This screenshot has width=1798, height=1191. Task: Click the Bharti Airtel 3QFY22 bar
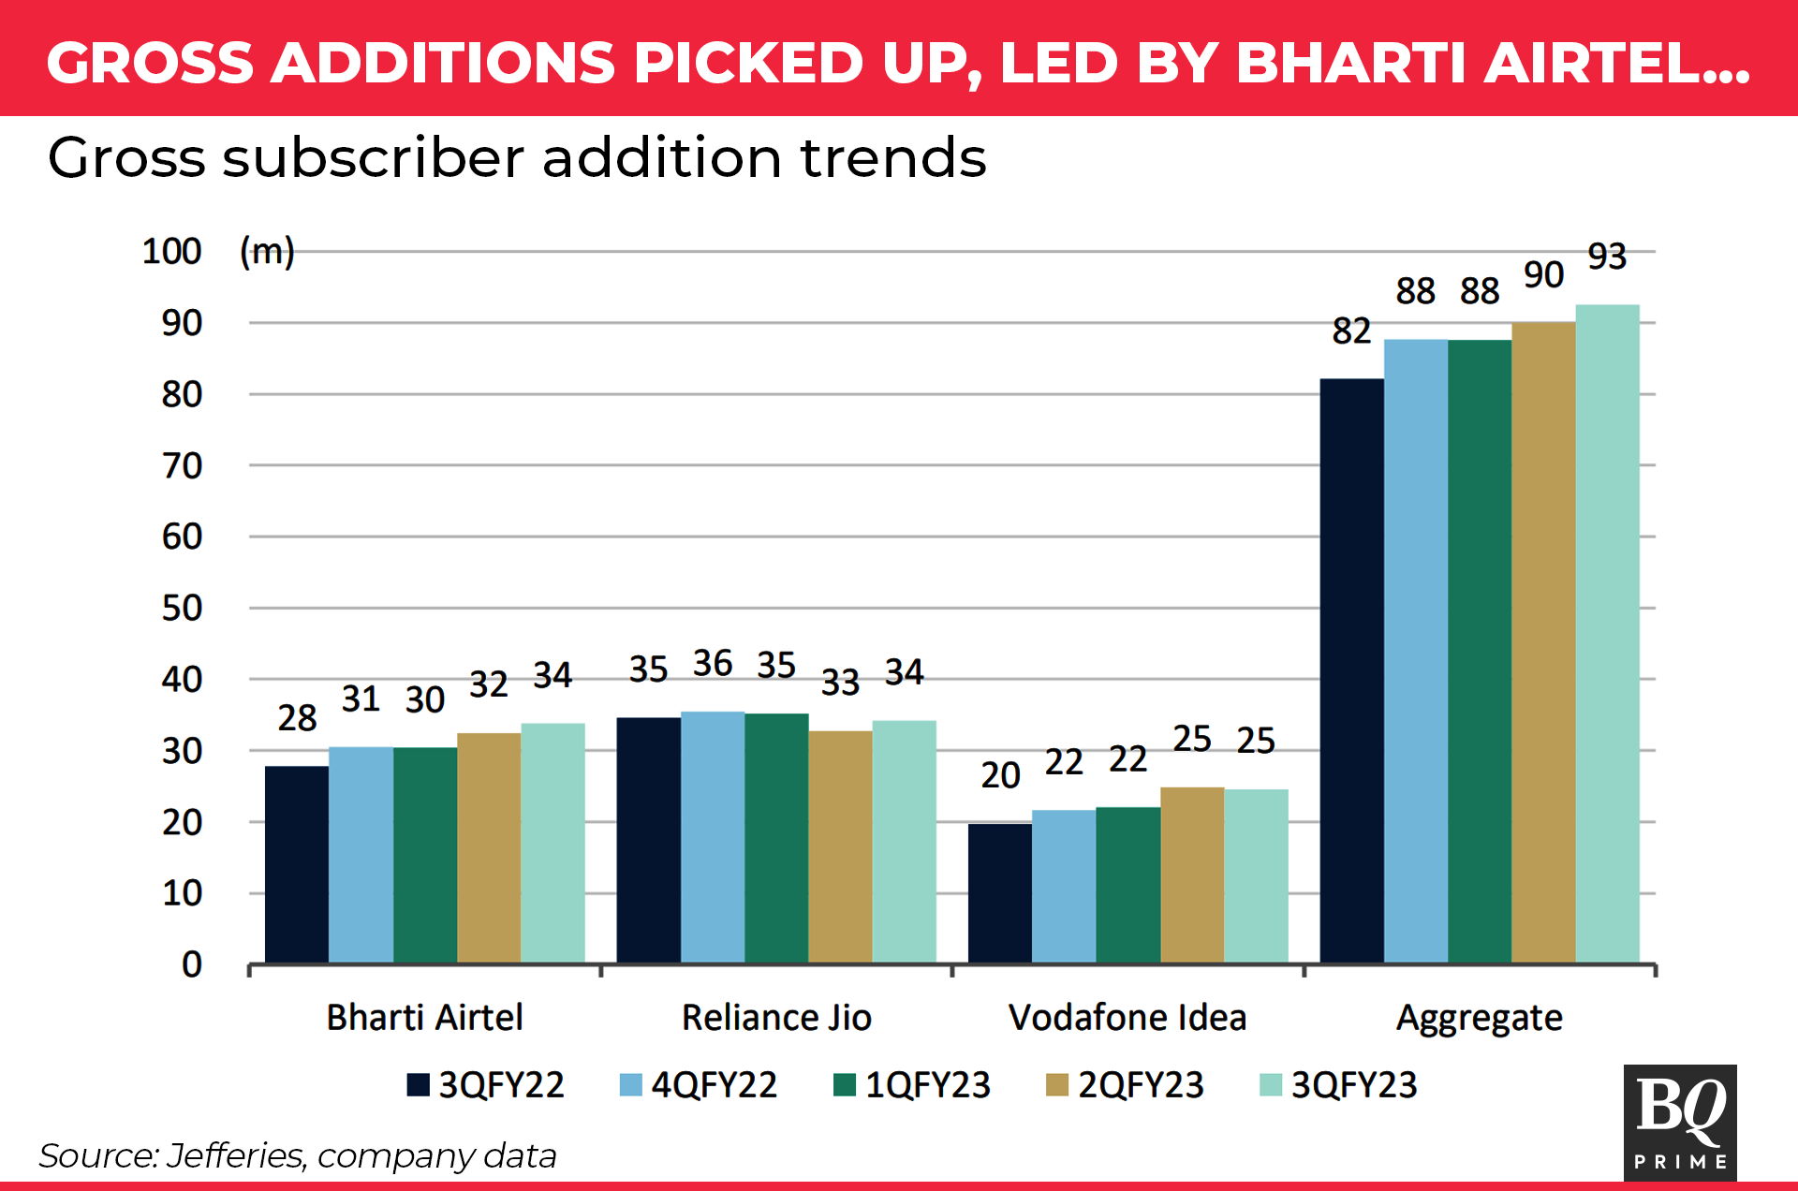pos(297,864)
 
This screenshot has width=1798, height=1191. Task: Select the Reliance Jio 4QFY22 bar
pos(713,837)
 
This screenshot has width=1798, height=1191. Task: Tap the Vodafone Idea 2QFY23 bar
pos(1192,875)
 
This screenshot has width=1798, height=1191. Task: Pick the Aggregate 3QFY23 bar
pos(1607,634)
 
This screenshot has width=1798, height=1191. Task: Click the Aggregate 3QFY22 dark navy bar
pos(1351,670)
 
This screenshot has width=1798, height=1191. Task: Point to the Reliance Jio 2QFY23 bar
pos(840,846)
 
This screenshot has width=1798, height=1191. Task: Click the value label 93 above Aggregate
pos(1607,257)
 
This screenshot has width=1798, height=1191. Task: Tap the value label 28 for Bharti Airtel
pos(297,718)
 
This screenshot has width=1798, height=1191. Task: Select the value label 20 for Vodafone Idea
pos(1000,775)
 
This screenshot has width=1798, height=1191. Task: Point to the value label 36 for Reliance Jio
pos(713,664)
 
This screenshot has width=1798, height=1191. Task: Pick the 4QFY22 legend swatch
pos(631,1085)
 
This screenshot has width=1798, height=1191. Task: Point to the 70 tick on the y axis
pos(182,465)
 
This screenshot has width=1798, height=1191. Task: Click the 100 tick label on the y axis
pos(171,252)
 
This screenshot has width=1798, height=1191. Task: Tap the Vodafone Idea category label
pos(1127,1018)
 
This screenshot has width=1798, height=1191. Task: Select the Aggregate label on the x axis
pos(1479,1018)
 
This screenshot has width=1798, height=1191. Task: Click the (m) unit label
pos(267,252)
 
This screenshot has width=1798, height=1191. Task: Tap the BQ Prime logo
pos(1680,1122)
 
